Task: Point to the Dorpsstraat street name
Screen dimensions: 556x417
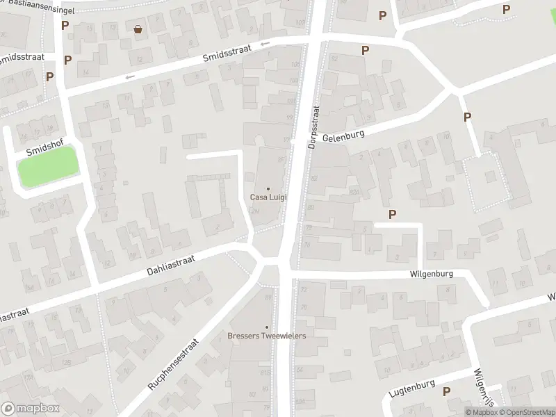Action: click(314, 127)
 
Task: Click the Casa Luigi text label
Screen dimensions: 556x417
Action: click(268, 197)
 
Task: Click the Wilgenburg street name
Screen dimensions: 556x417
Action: click(432, 275)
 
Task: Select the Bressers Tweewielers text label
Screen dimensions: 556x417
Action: click(267, 336)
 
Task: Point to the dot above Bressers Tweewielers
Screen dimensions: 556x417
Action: click(267, 327)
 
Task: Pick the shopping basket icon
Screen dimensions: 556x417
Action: click(138, 29)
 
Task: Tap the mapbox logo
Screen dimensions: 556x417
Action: click(31, 409)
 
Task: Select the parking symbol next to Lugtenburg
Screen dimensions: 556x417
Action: click(445, 391)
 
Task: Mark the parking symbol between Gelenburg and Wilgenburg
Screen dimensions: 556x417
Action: click(393, 215)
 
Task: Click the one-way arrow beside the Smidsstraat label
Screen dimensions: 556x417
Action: click(265, 44)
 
